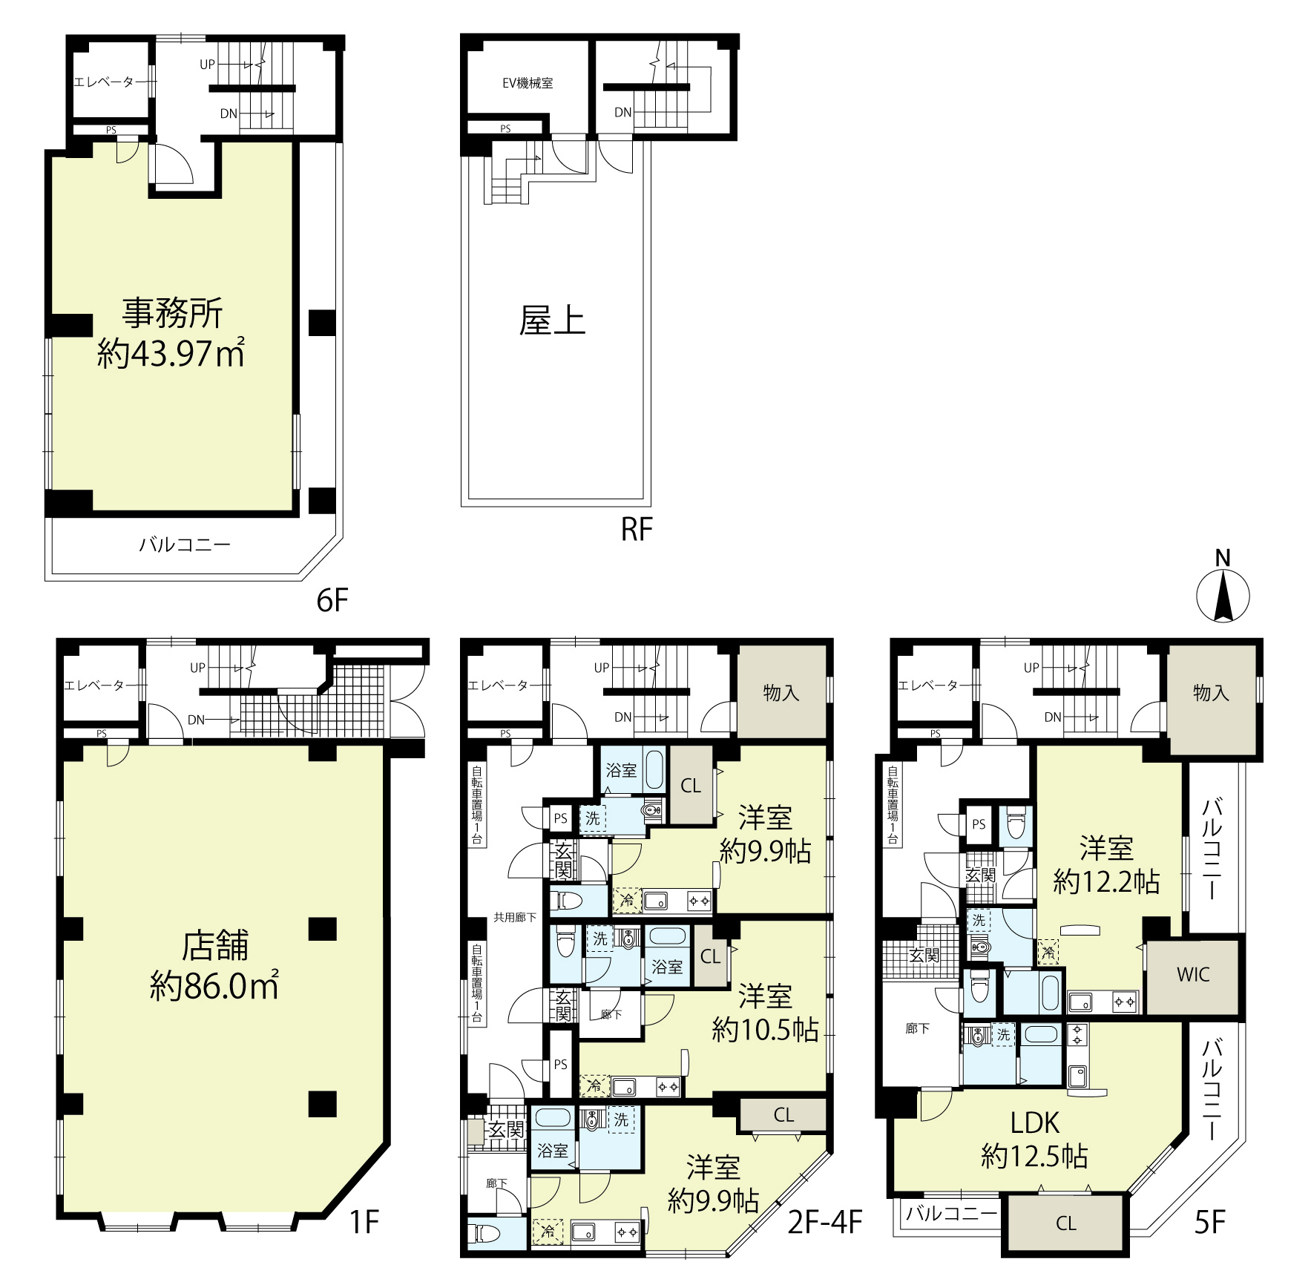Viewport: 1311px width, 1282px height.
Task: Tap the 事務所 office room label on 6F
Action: pos(172,313)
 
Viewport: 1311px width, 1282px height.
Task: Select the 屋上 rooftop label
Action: pos(552,321)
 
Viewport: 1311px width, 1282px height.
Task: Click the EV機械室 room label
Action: pos(528,83)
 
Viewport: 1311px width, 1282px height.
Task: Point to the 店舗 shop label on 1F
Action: pos(215,945)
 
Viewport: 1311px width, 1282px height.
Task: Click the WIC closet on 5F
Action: pos(1192,975)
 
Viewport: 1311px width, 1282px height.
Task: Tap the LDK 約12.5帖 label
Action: pos(1034,1139)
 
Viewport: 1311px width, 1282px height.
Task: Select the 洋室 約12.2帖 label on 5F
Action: pos(1106,864)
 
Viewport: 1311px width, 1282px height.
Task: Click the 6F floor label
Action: pos(332,600)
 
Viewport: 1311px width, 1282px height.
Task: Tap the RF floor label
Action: pos(637,530)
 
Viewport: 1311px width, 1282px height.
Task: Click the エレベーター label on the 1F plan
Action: pos(94,686)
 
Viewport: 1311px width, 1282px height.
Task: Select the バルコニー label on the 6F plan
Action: pos(185,545)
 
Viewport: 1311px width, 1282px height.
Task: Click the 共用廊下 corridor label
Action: pos(515,918)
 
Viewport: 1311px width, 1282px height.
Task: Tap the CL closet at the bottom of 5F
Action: pos(1065,1224)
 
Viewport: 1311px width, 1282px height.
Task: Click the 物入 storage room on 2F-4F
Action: pos(781,693)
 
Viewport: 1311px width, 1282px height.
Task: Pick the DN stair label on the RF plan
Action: pos(622,113)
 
